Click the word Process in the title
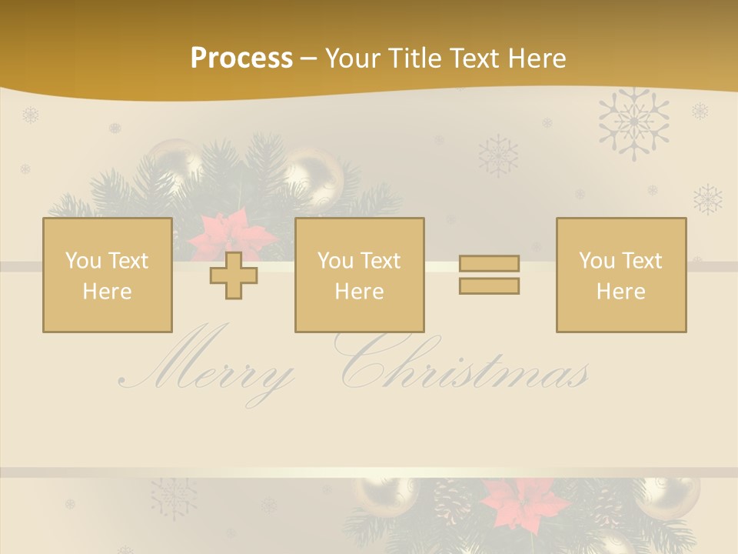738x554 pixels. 241,58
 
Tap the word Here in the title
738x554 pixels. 536,58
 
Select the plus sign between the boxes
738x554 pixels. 234,275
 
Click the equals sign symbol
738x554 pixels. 489,275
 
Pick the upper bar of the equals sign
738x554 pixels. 489,264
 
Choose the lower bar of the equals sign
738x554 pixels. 489,285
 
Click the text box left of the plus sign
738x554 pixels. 107,275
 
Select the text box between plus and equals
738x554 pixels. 359,275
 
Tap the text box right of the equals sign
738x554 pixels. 620,275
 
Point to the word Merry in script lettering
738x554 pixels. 208,369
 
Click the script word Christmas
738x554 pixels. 461,365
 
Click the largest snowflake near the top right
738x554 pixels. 633,122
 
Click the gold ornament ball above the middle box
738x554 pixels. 313,174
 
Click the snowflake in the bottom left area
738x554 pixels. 173,496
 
